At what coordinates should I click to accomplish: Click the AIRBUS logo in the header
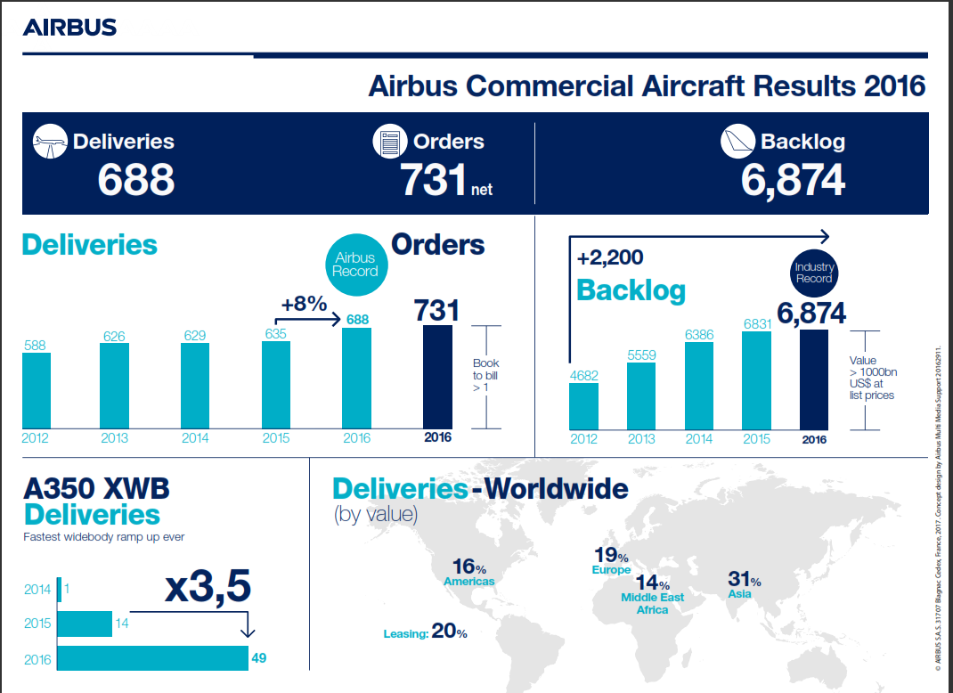[69, 28]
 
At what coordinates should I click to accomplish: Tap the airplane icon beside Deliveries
[51, 142]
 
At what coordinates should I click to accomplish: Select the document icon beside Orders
[389, 142]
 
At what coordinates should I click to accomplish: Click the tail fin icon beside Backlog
[737, 142]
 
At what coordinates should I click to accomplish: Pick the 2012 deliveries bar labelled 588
[37, 391]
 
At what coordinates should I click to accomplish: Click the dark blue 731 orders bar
[437, 377]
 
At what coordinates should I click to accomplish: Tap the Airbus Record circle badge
[355, 265]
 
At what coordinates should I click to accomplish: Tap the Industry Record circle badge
[813, 273]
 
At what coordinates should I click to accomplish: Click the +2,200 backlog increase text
[610, 259]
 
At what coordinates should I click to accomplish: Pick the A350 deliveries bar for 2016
[152, 658]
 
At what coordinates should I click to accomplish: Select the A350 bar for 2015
[85, 624]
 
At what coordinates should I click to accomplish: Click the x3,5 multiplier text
[208, 588]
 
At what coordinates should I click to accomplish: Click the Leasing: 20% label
[425, 632]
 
